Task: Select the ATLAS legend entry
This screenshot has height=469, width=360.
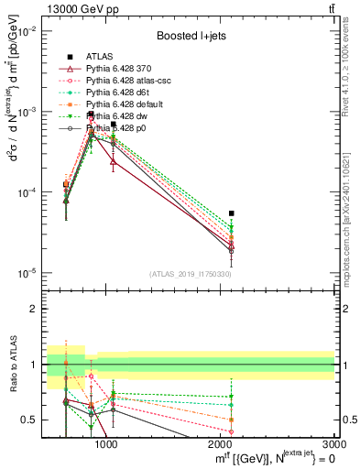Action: (x=104, y=57)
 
